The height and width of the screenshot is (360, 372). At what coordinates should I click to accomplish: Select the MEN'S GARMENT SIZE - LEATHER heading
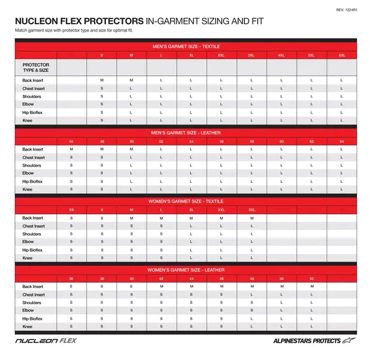(x=186, y=132)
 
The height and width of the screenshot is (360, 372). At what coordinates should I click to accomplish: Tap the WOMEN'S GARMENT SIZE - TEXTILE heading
(x=186, y=201)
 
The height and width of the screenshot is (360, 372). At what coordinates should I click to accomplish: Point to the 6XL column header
(x=342, y=56)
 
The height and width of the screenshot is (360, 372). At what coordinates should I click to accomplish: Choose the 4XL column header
(x=281, y=56)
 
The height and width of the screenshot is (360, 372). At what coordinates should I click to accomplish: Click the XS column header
(x=71, y=210)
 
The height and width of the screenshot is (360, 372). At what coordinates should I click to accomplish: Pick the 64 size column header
(x=342, y=141)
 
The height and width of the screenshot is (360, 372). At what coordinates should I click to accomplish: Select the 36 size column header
(x=71, y=279)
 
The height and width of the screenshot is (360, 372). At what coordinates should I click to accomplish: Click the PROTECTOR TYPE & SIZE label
(x=37, y=67)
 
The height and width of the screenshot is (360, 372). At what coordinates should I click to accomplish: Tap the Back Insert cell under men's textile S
(x=102, y=81)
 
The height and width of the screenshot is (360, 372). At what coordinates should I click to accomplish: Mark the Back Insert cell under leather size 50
(x=131, y=149)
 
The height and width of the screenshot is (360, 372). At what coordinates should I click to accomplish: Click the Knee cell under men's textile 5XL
(x=311, y=120)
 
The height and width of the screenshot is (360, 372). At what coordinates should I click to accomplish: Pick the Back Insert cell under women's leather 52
(x=311, y=286)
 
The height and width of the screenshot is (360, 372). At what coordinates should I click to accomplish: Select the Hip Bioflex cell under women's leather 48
(x=252, y=318)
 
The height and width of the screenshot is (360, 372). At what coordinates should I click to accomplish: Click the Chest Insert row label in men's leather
(x=33, y=157)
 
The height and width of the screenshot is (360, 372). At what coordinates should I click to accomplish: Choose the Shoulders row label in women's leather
(x=32, y=302)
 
